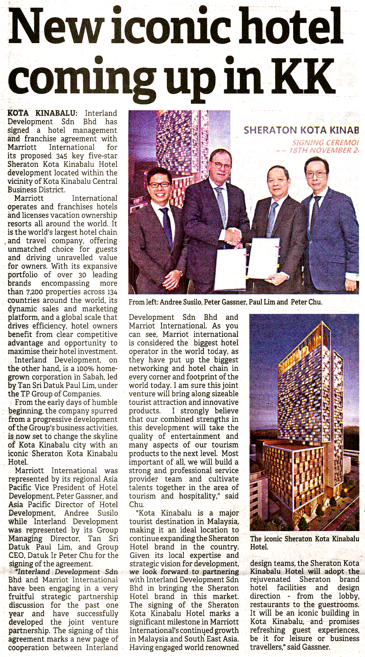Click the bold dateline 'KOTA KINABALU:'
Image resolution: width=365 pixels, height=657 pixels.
point(42,113)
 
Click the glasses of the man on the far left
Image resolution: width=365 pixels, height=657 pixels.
point(159,184)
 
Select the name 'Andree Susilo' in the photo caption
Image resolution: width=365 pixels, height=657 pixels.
point(180,302)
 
